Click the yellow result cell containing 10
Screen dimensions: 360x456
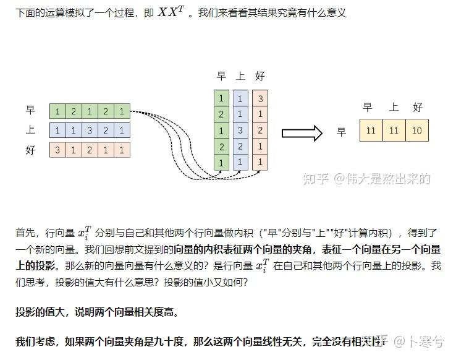(417, 131)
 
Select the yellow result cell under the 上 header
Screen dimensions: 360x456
(394, 131)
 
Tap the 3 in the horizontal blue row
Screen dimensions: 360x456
(90, 130)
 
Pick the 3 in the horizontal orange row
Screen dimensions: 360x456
(58, 149)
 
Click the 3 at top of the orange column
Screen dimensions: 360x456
(260, 98)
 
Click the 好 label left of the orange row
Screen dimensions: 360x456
(30, 150)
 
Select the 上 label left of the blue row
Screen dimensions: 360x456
(30, 130)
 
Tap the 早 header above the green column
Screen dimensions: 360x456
(221, 76)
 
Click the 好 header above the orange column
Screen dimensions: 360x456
(260, 76)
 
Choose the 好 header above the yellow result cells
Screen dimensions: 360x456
(418, 107)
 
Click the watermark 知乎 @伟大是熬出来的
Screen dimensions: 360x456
(365, 179)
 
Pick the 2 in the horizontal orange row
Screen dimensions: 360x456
(90, 149)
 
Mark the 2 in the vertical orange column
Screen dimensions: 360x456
(260, 130)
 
